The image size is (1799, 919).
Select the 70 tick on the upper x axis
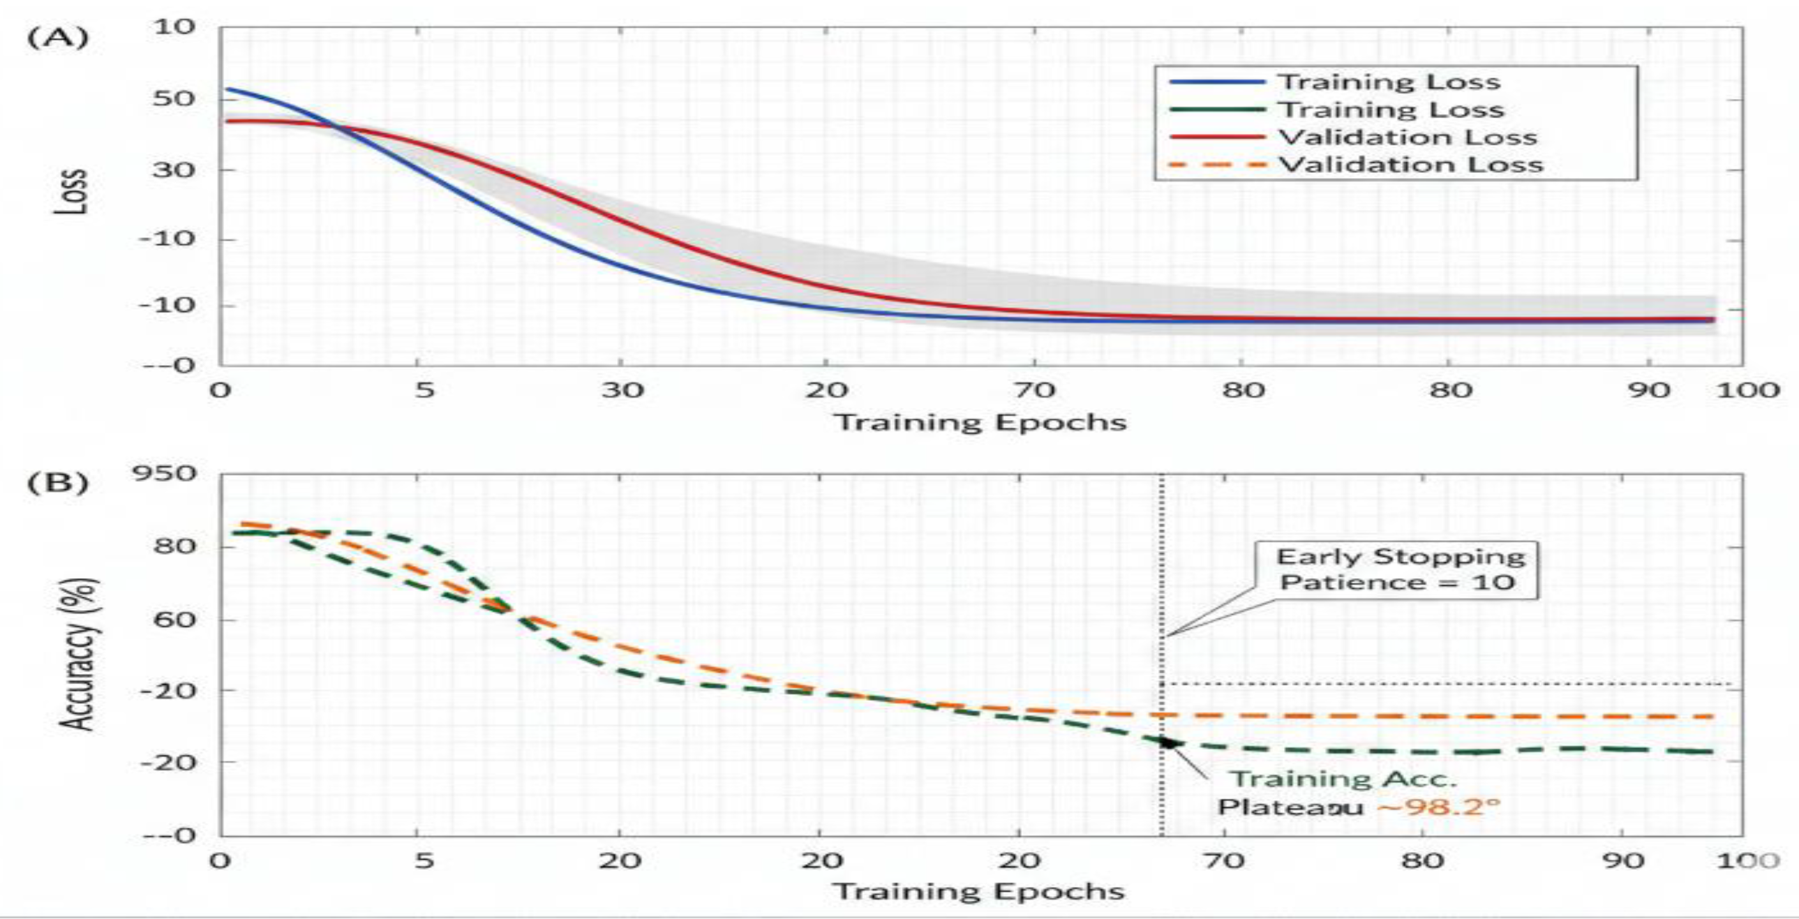pyautogui.click(x=1034, y=390)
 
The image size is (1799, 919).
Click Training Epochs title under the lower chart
pyautogui.click(x=979, y=892)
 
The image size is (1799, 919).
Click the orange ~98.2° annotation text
pyautogui.click(x=1438, y=808)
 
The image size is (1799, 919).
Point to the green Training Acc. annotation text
pyautogui.click(x=1342, y=779)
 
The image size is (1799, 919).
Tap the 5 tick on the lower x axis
pyautogui.click(x=424, y=860)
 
